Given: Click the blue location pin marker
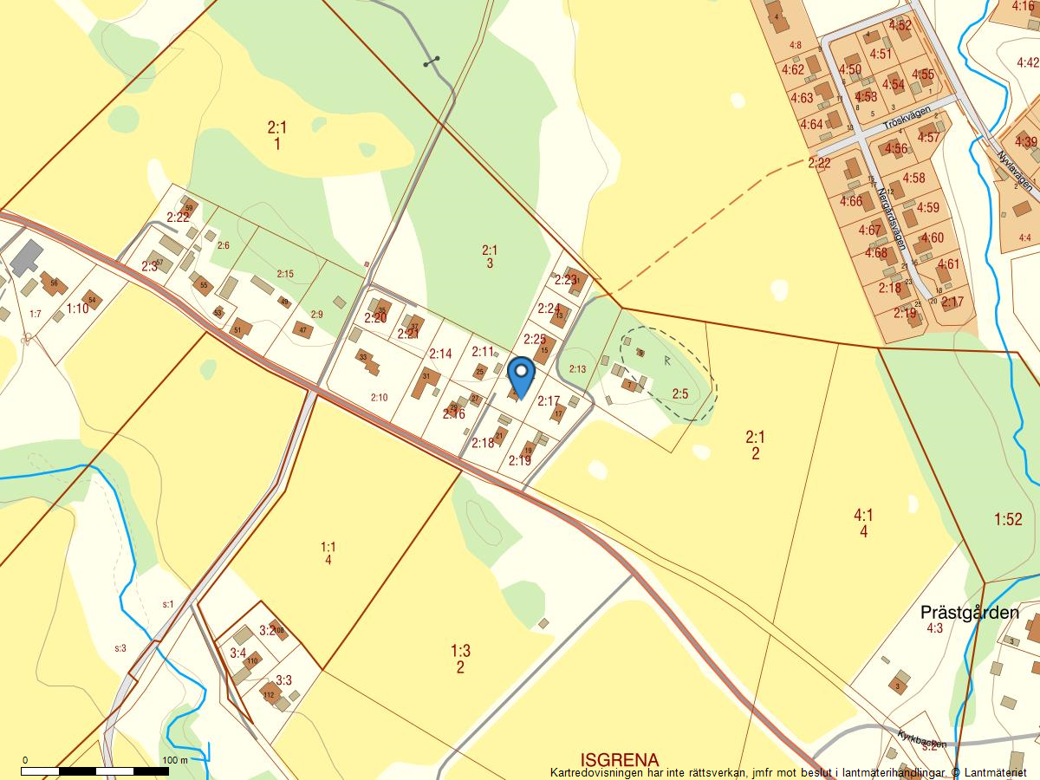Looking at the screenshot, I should coord(521,375).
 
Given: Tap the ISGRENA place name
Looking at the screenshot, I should coord(620,758).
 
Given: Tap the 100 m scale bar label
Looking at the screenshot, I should coord(174,760).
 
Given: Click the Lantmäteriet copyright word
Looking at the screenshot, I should coord(1002,772).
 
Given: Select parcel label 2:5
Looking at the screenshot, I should coord(680,394).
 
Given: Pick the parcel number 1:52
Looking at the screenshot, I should coord(1008,520).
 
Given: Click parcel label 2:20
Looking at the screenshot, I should coord(375,318).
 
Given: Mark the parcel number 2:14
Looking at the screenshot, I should coord(440,354).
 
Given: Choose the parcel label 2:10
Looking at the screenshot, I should coord(379,398).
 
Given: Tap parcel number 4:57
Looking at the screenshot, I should coord(928,138).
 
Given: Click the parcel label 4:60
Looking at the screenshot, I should coord(933,238).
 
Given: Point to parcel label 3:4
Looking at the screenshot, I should coord(237,653).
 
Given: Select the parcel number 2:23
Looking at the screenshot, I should coord(565,280).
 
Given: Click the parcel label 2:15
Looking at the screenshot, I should coord(285,274).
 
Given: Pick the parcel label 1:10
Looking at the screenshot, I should coord(77,309).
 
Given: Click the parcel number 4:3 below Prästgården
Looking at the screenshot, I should coord(934,628).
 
